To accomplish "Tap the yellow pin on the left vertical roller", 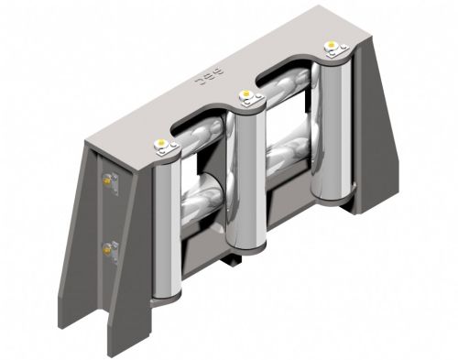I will pyautogui.click(x=161, y=142).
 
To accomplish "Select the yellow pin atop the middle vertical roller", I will pyautogui.click(x=245, y=93).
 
